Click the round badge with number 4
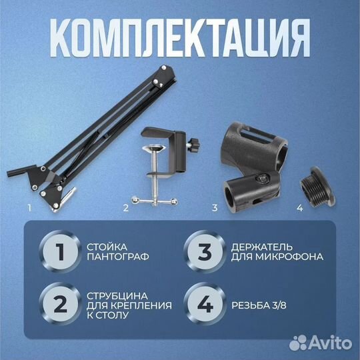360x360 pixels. [x=205, y=304]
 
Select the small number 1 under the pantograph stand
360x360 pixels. [x=29, y=207]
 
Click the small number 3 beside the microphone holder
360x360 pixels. [x=215, y=207]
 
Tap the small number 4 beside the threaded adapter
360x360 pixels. [x=299, y=207]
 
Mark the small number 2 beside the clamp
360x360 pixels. [x=125, y=207]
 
